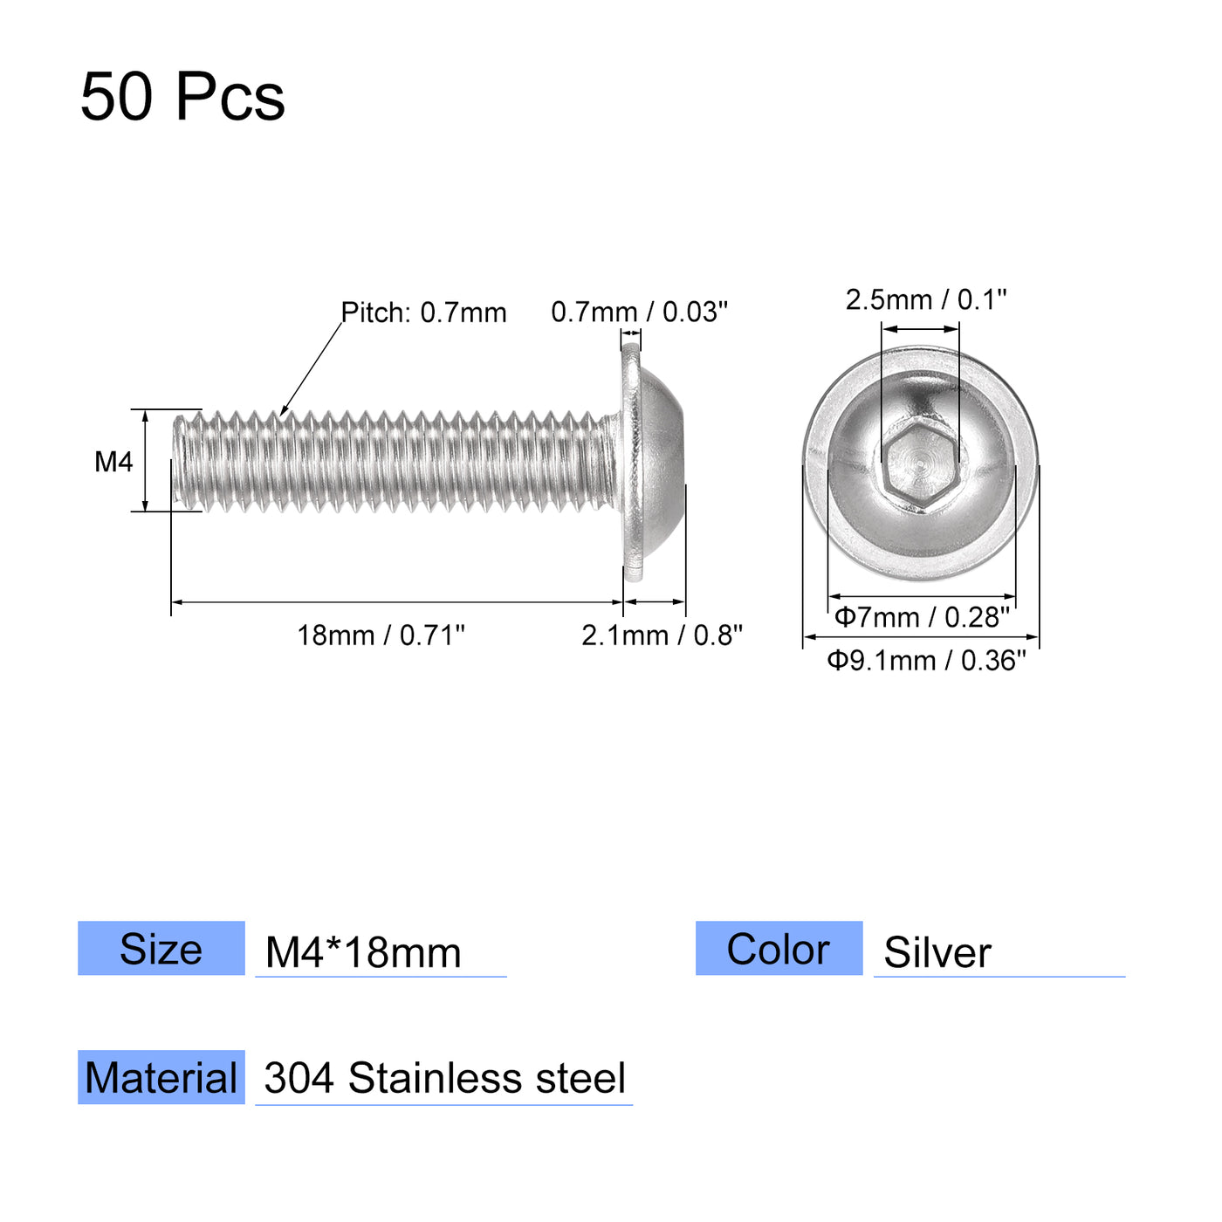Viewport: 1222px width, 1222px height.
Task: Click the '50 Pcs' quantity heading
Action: point(182,96)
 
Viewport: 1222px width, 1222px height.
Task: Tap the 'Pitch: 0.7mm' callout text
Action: point(423,312)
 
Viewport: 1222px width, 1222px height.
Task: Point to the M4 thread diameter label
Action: point(113,461)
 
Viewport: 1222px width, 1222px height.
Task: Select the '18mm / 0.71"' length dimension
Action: point(381,635)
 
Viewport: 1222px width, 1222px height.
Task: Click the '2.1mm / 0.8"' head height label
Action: point(662,635)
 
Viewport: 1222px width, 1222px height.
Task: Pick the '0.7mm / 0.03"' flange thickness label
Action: point(639,312)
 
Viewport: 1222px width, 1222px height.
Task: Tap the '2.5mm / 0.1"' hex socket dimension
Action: point(925,300)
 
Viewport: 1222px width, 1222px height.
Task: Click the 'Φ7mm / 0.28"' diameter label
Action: point(922,617)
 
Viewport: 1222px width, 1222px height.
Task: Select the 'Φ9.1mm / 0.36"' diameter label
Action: point(926,661)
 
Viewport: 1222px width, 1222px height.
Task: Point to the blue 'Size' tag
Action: point(161,949)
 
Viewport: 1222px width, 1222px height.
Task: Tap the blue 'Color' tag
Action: point(779,949)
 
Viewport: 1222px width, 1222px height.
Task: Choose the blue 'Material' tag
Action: point(161,1078)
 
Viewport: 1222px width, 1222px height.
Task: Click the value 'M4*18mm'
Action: point(363,952)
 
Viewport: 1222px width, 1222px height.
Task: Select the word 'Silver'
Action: point(937,952)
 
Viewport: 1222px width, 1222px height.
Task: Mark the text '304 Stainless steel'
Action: point(444,1079)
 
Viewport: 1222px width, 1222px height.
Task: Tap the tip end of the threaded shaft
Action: point(181,461)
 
